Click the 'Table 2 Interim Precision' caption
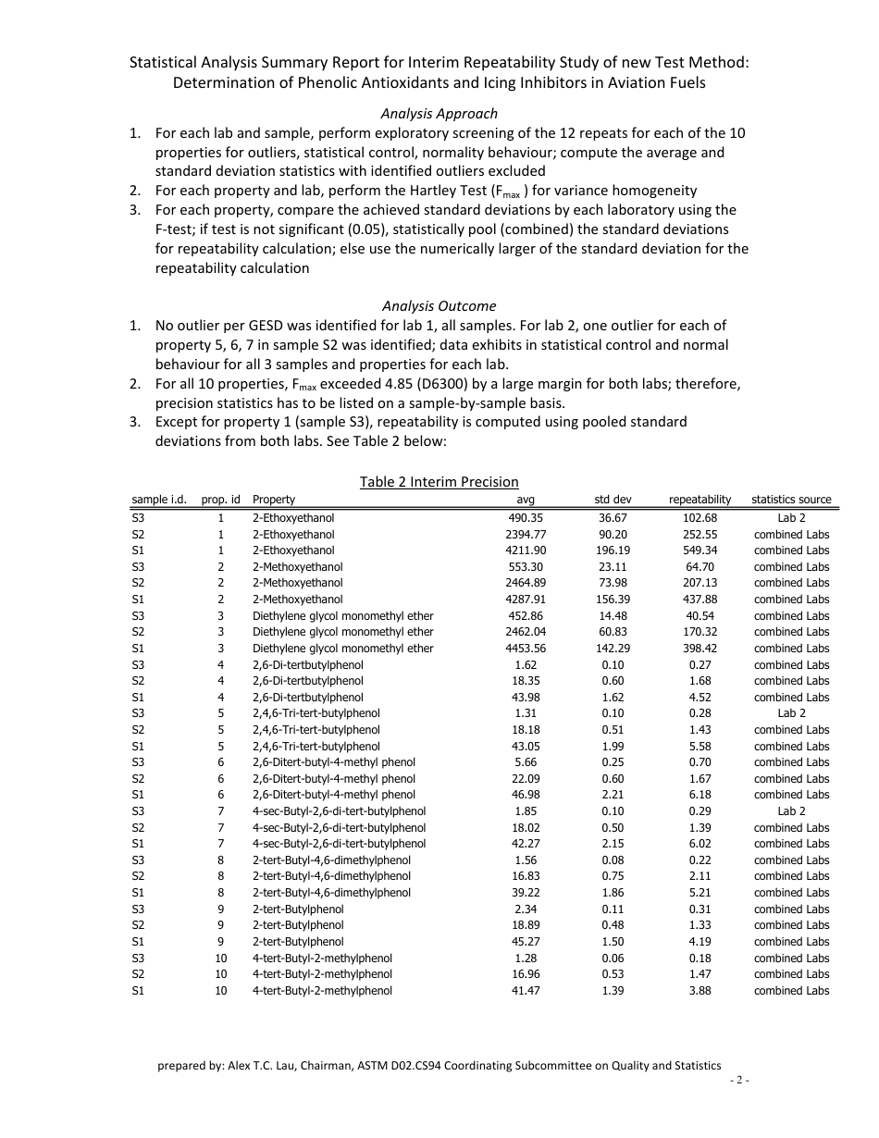[x=439, y=481]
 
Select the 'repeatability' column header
[x=699, y=500]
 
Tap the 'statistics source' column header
[x=791, y=500]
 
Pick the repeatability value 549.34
[x=699, y=550]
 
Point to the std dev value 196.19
[x=612, y=550]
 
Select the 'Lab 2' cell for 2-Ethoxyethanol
[x=791, y=518]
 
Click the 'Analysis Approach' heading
[x=439, y=113]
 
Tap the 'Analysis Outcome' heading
[x=439, y=305]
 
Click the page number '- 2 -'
[x=738, y=1080]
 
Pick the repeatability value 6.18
[x=699, y=795]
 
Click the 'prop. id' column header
[x=220, y=500]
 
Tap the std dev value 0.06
[x=612, y=958]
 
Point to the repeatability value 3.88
[x=699, y=991]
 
